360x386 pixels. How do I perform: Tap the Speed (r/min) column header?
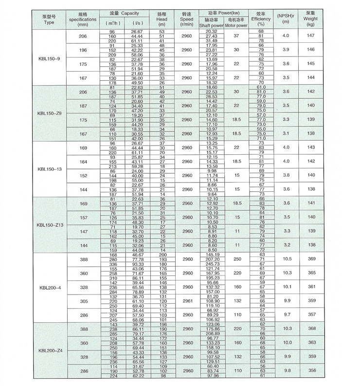click(x=186, y=18)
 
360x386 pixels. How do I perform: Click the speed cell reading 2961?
click(x=186, y=301)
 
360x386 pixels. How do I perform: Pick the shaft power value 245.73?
click(x=211, y=264)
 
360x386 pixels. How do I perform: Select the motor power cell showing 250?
click(x=236, y=259)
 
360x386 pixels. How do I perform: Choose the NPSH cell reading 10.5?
click(x=286, y=259)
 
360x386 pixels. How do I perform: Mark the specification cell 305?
click(x=83, y=301)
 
